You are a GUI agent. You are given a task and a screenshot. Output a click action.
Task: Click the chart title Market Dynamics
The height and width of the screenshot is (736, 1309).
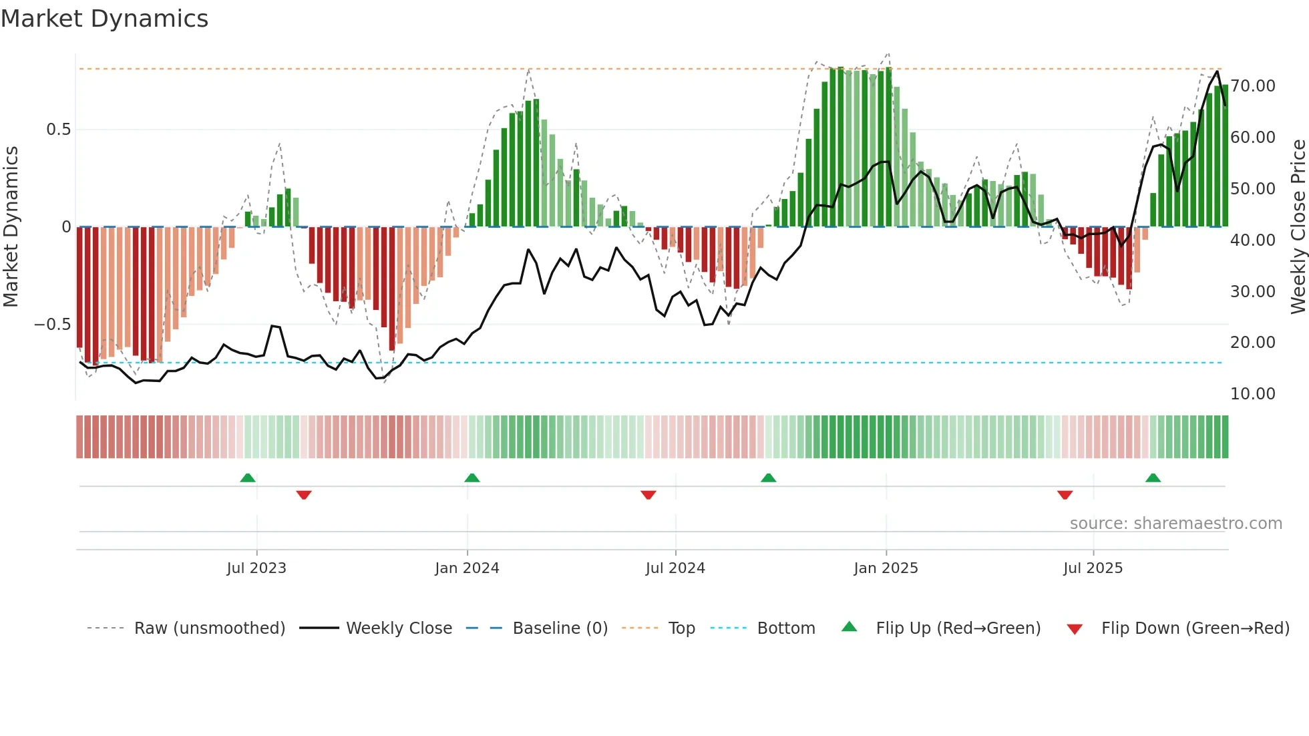point(104,19)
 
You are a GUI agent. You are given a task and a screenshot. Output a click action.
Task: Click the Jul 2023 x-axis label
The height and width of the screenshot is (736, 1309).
point(256,568)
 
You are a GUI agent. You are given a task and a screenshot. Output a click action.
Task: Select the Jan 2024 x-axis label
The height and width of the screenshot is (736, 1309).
point(467,568)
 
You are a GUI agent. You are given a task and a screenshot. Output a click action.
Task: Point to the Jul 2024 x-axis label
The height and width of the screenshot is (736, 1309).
point(675,568)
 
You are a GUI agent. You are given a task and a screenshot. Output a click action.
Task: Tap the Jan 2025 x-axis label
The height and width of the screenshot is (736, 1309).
point(886,568)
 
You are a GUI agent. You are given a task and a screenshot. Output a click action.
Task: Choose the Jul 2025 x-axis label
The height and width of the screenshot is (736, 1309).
point(1093,568)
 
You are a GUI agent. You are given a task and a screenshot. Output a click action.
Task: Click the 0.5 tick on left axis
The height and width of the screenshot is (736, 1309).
point(58,130)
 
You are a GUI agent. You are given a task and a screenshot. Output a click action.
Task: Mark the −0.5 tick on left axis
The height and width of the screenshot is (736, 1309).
point(52,325)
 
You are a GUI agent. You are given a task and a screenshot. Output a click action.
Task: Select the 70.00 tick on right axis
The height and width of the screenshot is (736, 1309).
point(1253,86)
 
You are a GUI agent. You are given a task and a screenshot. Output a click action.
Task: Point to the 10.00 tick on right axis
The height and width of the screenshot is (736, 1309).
point(1253,394)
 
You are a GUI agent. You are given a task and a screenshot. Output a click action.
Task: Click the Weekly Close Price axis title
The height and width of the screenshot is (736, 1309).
point(1298,227)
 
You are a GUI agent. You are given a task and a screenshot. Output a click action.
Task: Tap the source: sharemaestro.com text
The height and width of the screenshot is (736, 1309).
point(1175,524)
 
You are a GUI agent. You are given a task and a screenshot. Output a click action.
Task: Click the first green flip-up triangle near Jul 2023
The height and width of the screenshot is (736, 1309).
point(248,478)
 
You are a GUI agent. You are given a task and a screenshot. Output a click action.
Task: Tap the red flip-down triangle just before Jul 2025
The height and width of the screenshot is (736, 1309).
point(1065,495)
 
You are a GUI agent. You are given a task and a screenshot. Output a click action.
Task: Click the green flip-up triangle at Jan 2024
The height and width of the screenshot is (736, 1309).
point(472,478)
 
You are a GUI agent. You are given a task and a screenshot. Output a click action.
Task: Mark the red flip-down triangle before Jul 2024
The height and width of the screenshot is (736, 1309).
point(648,495)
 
